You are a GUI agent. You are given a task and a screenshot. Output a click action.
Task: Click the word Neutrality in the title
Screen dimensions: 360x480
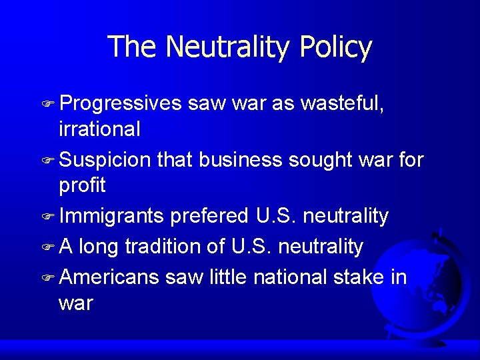[228, 47]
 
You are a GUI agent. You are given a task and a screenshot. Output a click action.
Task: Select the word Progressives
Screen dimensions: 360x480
[120, 104]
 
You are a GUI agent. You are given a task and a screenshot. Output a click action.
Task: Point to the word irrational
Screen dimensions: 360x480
[99, 129]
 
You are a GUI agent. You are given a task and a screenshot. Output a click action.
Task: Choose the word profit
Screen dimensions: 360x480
[83, 185]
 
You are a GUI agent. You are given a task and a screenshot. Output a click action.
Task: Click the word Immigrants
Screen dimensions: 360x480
[111, 217]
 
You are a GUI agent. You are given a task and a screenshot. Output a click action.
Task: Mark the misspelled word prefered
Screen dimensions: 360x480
[210, 217]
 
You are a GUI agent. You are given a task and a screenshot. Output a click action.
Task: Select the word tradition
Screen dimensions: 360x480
[161, 247]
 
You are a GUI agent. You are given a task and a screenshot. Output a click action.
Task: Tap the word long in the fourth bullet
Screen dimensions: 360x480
[98, 247]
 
